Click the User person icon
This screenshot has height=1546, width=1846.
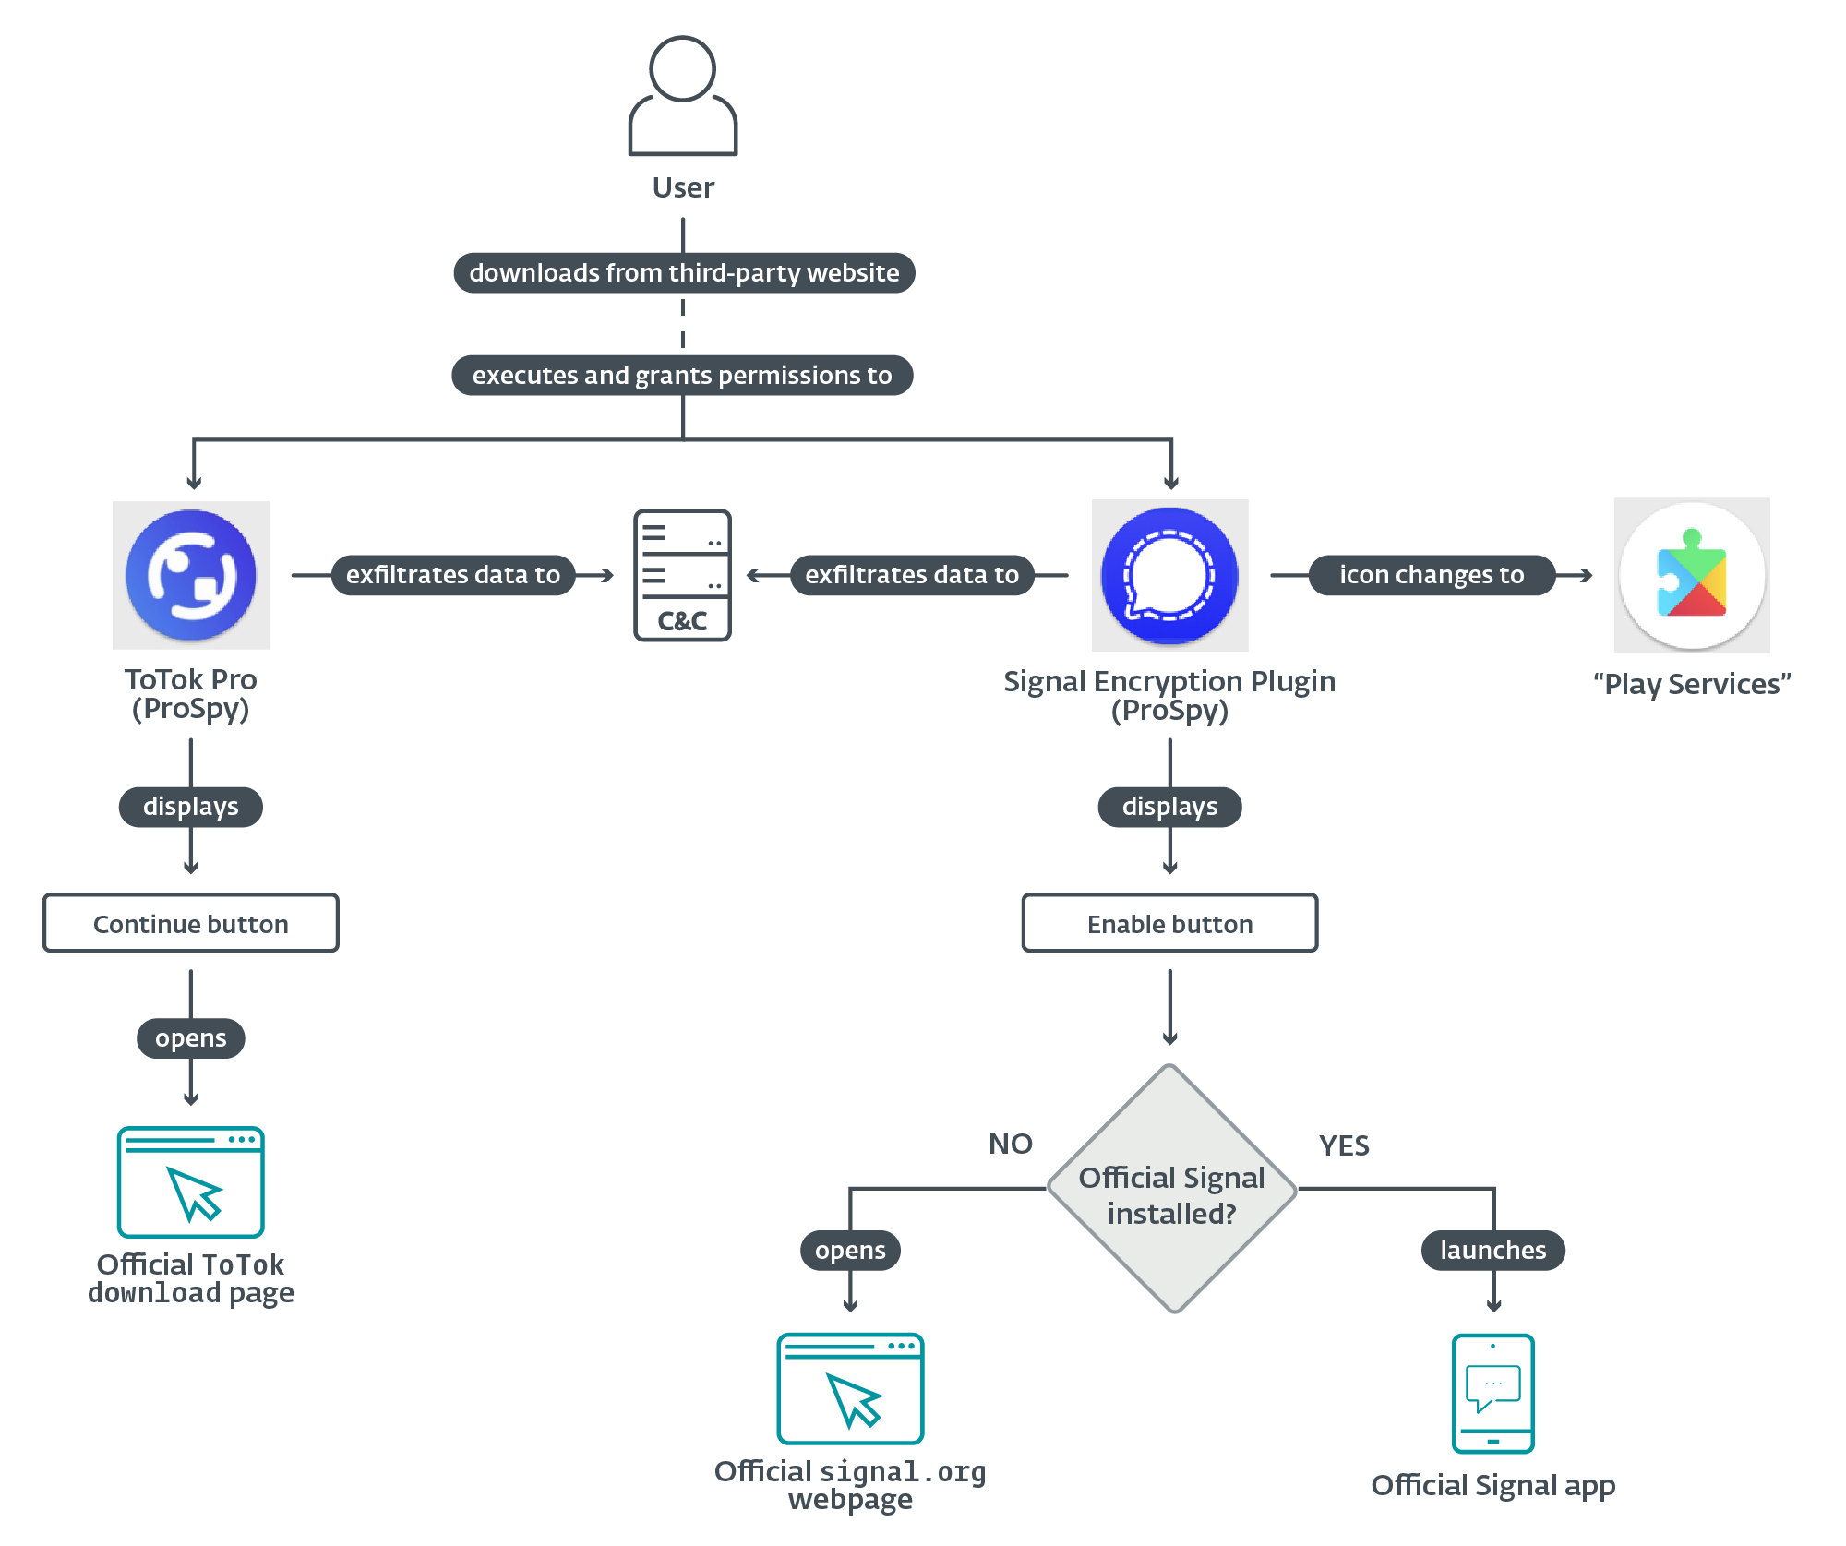pyautogui.click(x=682, y=96)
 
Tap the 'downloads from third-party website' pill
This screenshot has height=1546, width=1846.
pyautogui.click(x=684, y=273)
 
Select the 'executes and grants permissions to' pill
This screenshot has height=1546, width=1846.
pyautogui.click(x=682, y=376)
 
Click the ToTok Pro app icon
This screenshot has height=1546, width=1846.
pyautogui.click(x=191, y=575)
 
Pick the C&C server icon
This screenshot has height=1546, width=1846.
pyautogui.click(x=682, y=575)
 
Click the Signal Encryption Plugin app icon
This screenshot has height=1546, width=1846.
pyautogui.click(x=1169, y=575)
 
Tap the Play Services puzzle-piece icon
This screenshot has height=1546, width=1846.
pyautogui.click(x=1691, y=575)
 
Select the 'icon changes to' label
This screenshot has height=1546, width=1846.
pyautogui.click(x=1432, y=575)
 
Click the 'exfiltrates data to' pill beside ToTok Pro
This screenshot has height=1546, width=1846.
pyautogui.click(x=453, y=575)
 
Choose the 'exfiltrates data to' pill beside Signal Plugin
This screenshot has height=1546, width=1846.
pyautogui.click(x=912, y=575)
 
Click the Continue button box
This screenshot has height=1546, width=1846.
pyautogui.click(x=191, y=923)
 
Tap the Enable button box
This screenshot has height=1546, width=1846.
pyautogui.click(x=1169, y=923)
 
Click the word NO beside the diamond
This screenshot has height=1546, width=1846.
pyautogui.click(x=1010, y=1145)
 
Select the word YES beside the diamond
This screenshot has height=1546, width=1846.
pyautogui.click(x=1344, y=1146)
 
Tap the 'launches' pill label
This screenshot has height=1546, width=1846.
pyautogui.click(x=1492, y=1251)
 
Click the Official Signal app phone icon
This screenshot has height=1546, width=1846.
pyautogui.click(x=1492, y=1393)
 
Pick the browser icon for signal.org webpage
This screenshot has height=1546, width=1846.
pyautogui.click(x=850, y=1388)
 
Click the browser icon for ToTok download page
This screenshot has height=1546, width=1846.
pyautogui.click(x=191, y=1181)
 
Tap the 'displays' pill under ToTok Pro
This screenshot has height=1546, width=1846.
pyautogui.click(x=191, y=807)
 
